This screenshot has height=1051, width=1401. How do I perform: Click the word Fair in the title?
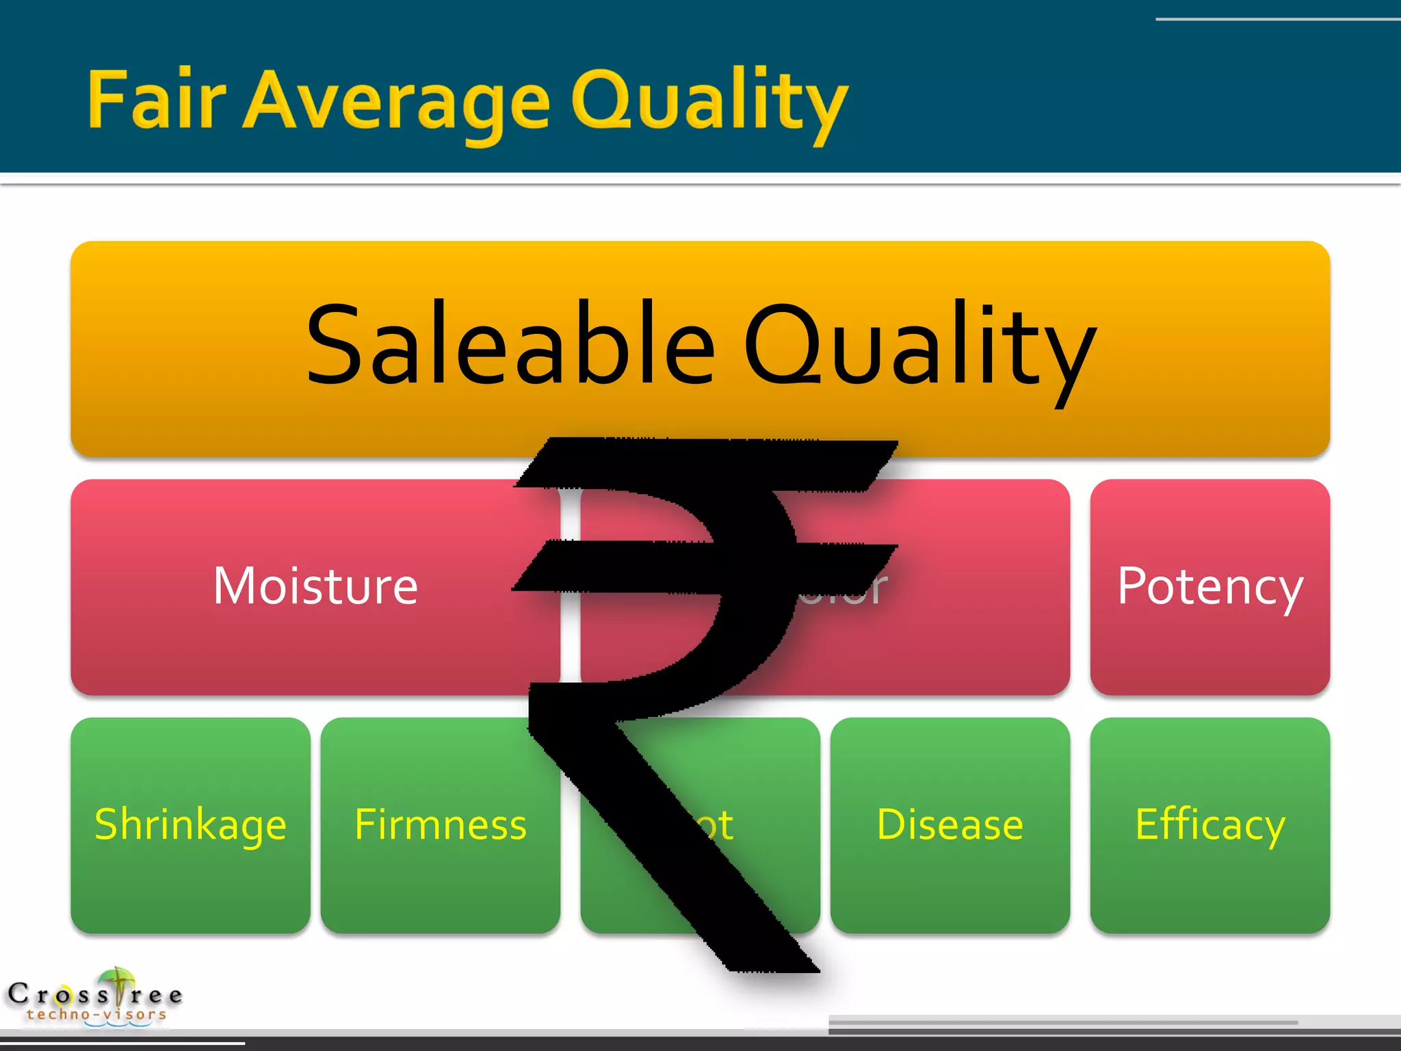(x=156, y=101)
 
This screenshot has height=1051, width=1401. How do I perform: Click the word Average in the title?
(x=397, y=103)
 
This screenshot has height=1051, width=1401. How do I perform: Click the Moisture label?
(x=315, y=586)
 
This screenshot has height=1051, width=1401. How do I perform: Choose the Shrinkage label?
(x=190, y=825)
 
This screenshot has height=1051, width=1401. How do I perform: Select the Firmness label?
(x=441, y=825)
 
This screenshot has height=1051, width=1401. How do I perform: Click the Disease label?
(x=950, y=825)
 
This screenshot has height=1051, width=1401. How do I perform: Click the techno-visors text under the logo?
(x=96, y=1015)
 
